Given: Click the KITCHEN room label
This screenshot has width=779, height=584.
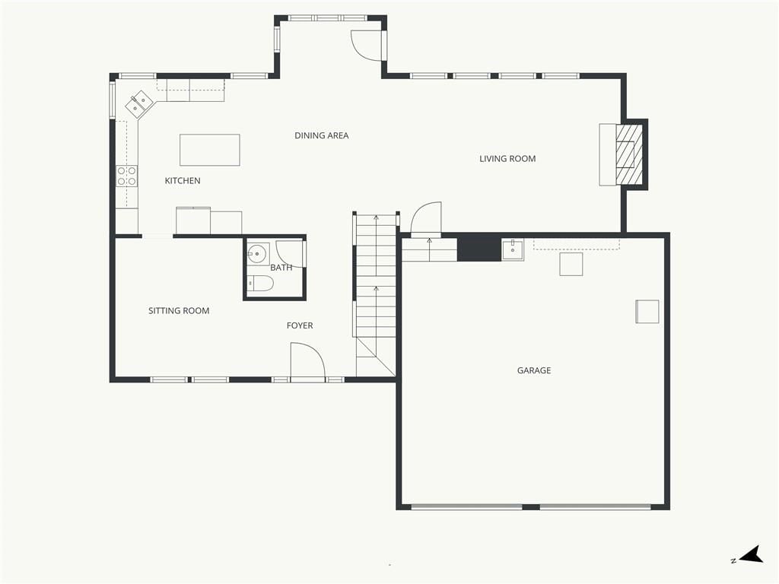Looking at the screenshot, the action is (183, 181).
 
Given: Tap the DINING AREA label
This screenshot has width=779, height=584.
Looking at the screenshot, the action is (322, 135).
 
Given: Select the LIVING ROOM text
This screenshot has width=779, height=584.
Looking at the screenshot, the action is (507, 159).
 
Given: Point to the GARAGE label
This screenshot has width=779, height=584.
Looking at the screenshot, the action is (534, 370).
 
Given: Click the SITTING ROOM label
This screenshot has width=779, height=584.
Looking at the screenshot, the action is (179, 311).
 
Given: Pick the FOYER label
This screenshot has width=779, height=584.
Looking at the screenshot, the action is (300, 325).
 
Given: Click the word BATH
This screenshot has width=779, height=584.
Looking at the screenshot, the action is (281, 268).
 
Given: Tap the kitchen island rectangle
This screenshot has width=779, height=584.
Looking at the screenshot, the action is (210, 150).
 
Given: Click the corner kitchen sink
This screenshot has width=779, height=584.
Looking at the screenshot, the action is (138, 103).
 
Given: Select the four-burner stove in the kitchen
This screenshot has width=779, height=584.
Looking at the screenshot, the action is (127, 176).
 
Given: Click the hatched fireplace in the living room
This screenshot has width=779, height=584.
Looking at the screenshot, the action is (629, 154).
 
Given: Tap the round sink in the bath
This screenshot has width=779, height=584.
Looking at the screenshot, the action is (257, 253).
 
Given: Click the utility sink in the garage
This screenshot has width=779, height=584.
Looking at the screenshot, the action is (513, 249).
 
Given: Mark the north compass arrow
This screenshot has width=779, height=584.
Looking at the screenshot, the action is (751, 554).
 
